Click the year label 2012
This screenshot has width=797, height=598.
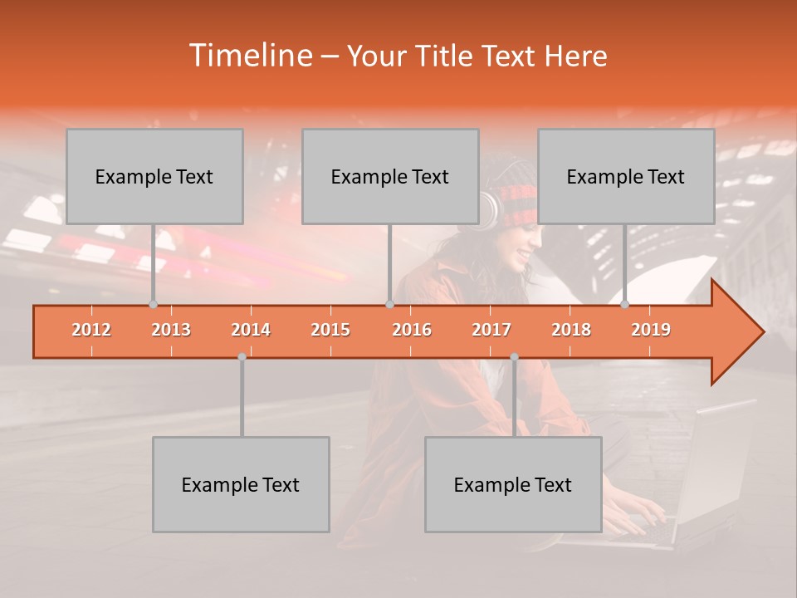pos(91,330)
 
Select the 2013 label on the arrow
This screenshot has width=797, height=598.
pos(171,330)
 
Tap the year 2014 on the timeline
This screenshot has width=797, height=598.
pos(251,330)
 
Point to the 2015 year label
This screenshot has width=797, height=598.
pos(330,330)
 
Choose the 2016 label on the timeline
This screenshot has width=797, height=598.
pos(412,330)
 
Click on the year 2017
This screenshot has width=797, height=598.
pos(491,330)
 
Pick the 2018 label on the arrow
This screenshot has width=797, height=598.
pos(571,330)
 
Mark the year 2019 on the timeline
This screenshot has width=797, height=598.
pos(651,330)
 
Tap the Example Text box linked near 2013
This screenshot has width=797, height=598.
pos(154,176)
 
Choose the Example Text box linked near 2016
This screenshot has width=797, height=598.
pos(390,176)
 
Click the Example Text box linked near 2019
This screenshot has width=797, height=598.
pos(626,176)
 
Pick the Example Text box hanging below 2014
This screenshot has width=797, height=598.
pos(241,484)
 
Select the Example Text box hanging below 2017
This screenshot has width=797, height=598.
pos(513,484)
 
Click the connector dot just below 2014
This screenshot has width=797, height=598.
pos(242,356)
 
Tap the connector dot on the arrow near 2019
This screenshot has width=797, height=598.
pos(625,304)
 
